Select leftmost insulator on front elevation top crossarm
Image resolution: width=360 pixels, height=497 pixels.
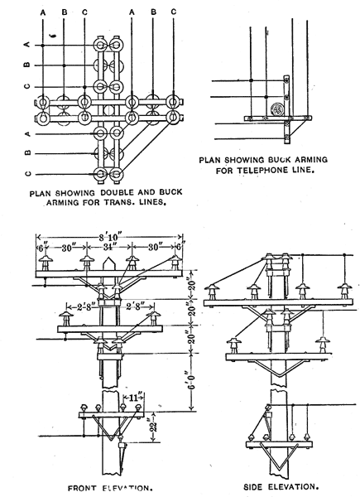coord(40,263)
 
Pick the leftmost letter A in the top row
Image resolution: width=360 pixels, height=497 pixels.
coord(42,12)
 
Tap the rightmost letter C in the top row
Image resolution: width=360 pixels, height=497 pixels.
coord(172,12)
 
